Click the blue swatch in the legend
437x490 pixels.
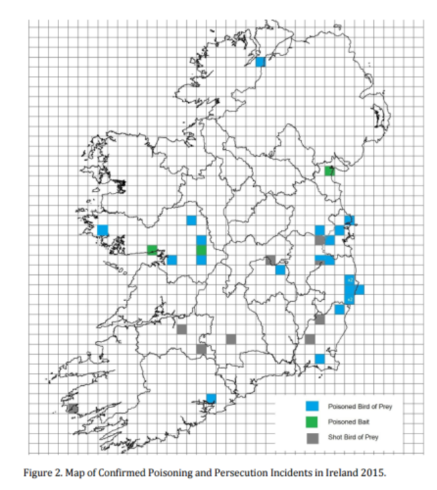(x=312, y=407)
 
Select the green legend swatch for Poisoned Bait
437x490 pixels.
(x=312, y=422)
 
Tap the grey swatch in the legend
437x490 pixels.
(x=312, y=438)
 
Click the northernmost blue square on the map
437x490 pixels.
(x=261, y=62)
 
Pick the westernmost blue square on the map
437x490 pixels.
(x=102, y=230)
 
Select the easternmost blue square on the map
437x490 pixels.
(x=360, y=290)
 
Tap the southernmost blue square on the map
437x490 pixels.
(x=211, y=399)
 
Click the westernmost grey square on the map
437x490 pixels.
(x=73, y=409)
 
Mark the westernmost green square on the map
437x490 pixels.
(x=152, y=250)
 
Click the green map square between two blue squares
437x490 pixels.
(x=201, y=250)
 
